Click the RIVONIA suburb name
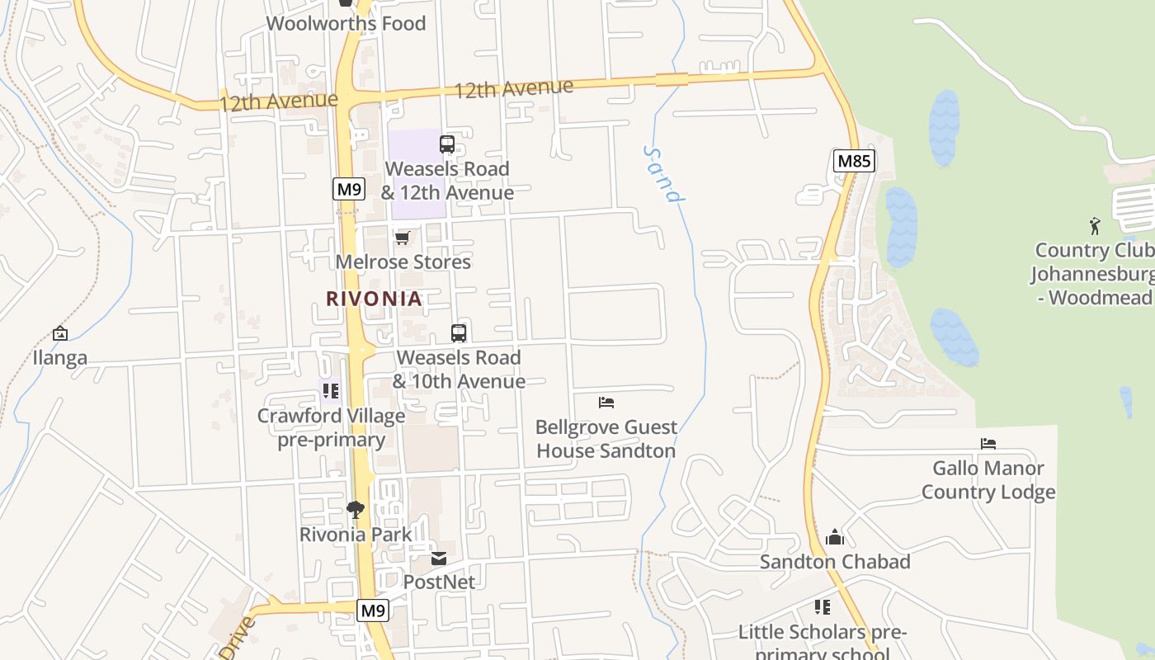point(374,299)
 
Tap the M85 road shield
point(853,161)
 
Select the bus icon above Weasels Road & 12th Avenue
point(447,144)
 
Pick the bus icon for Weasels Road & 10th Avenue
point(459,333)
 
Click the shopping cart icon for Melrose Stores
point(403,238)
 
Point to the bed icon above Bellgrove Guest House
point(606,403)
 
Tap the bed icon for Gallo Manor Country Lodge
point(988,444)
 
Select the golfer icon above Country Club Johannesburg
point(1095,225)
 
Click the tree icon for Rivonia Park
point(356,510)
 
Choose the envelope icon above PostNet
point(439,559)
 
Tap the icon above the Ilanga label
point(59,333)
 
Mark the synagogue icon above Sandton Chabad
point(835,538)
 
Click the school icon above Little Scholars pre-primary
point(823,607)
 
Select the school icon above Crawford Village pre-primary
point(331,391)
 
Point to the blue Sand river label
point(663,174)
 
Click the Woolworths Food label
point(346,23)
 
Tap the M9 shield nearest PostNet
point(373,610)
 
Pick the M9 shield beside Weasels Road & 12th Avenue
point(349,189)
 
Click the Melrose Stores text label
point(403,262)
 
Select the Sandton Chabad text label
point(835,562)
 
